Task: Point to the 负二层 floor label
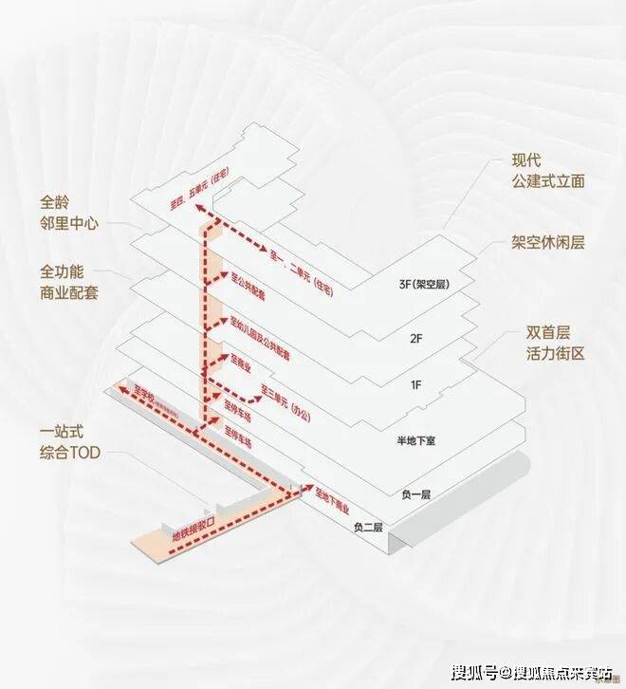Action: (368, 528)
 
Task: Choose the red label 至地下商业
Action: (332, 501)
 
